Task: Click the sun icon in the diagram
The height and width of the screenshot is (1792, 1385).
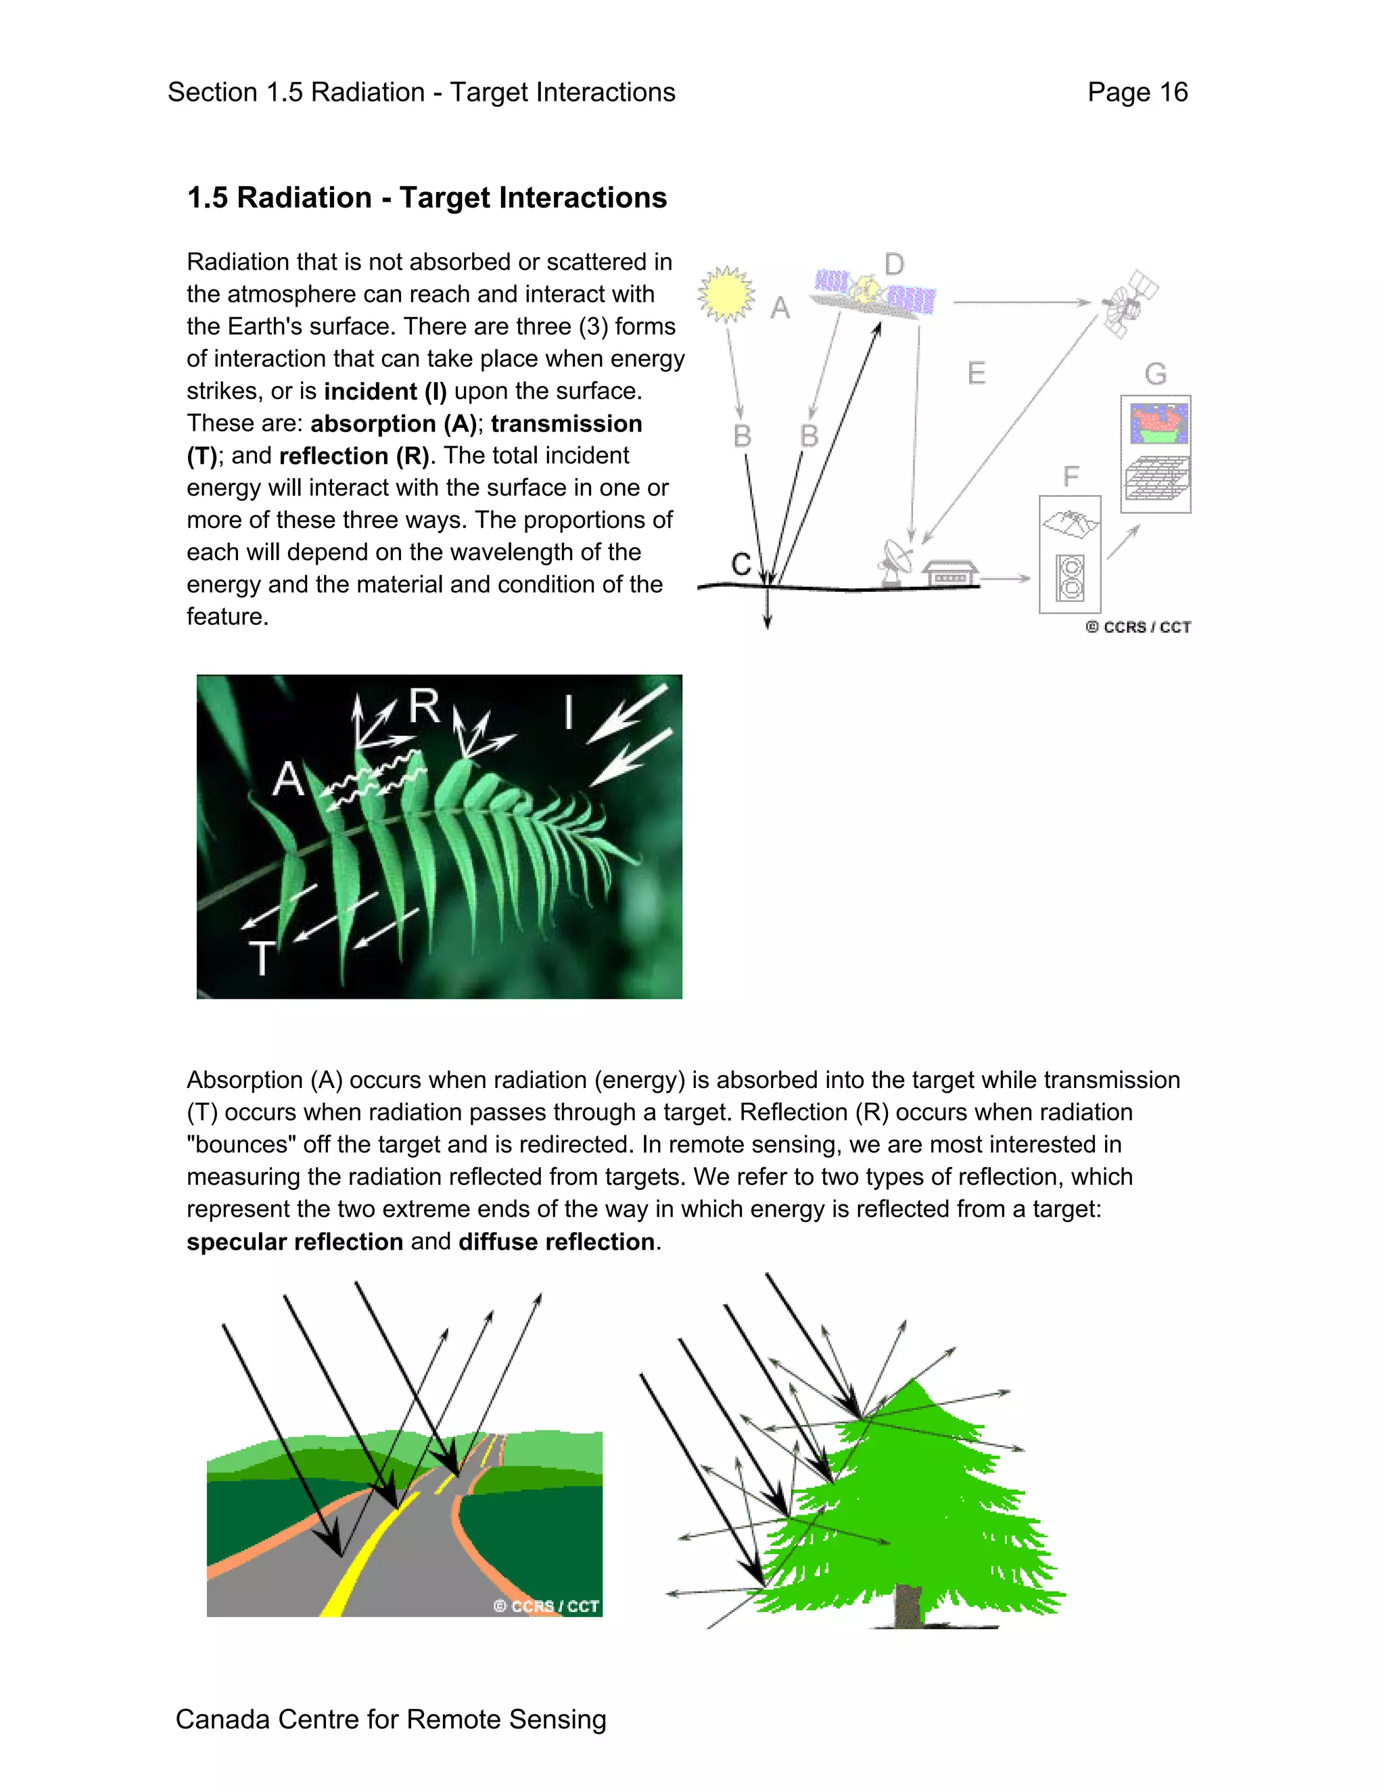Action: (726, 293)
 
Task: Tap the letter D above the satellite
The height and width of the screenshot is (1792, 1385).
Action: (893, 264)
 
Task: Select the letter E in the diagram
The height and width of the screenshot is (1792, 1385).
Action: (976, 373)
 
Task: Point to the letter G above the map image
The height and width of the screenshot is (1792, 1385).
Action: (1155, 374)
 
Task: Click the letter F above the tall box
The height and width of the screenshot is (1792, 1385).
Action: (1070, 477)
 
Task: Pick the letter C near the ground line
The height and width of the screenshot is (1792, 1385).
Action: (741, 565)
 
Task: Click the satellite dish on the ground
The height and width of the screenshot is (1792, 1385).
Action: (895, 563)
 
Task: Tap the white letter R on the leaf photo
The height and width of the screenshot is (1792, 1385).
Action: (424, 705)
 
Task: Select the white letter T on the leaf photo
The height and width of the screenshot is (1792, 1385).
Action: (261, 958)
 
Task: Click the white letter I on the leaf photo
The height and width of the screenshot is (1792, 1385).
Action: (568, 711)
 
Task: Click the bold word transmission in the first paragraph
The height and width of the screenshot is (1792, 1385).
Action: (566, 423)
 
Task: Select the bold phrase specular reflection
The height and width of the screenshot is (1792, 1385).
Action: (295, 1242)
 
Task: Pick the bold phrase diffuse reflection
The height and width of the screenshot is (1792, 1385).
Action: (557, 1242)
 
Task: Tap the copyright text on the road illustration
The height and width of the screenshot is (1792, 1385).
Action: (546, 1606)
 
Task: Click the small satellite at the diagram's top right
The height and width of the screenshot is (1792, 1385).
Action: (1129, 304)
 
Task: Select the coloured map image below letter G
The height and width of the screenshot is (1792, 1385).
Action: (1158, 423)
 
